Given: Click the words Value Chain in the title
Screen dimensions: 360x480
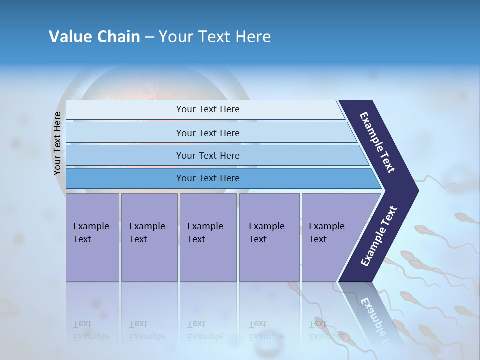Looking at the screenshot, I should click(x=94, y=37).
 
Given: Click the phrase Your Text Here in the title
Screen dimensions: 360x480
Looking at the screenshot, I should click(x=215, y=37).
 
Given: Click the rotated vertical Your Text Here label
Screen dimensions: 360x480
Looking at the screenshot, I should click(x=57, y=143).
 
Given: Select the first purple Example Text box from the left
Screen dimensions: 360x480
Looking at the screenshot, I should click(x=92, y=237).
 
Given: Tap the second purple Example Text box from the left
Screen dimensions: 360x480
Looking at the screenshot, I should click(x=149, y=237).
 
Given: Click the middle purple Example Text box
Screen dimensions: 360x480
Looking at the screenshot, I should click(x=208, y=237).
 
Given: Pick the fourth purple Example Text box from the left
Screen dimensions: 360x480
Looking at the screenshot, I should click(x=269, y=237).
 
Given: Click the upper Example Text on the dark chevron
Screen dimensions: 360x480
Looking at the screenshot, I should click(x=377, y=142).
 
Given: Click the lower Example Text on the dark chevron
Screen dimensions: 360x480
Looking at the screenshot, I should click(x=379, y=236).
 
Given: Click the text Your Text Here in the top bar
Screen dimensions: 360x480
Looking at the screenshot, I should click(x=208, y=109).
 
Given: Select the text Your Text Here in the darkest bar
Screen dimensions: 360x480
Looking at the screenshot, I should click(x=208, y=178).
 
